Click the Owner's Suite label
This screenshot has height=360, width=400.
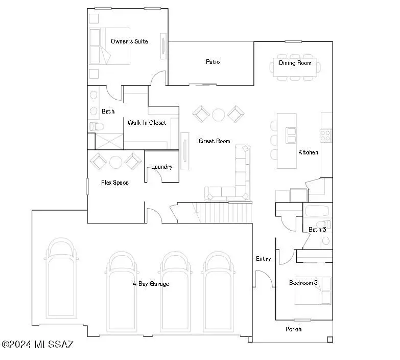pos(129,41)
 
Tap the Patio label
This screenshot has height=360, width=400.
pos(213,62)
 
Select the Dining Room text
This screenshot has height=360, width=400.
pos(295,63)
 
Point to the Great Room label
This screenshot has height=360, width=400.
pos(214,141)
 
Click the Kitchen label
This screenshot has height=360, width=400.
pos(308,152)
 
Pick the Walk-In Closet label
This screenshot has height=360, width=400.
pos(147,123)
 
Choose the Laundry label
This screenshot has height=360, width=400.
pos(161,167)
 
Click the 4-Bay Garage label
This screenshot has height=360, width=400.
pos(151,284)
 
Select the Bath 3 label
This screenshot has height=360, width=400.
pos(317,230)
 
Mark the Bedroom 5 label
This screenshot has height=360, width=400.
pos(303,283)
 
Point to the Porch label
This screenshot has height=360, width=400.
pos(293,329)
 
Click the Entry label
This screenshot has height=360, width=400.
pos(263,259)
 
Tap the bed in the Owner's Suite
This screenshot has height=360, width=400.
pos(110,47)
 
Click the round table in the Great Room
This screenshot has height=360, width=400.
pos(219,114)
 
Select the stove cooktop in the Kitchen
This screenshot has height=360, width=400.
pos(325,135)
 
